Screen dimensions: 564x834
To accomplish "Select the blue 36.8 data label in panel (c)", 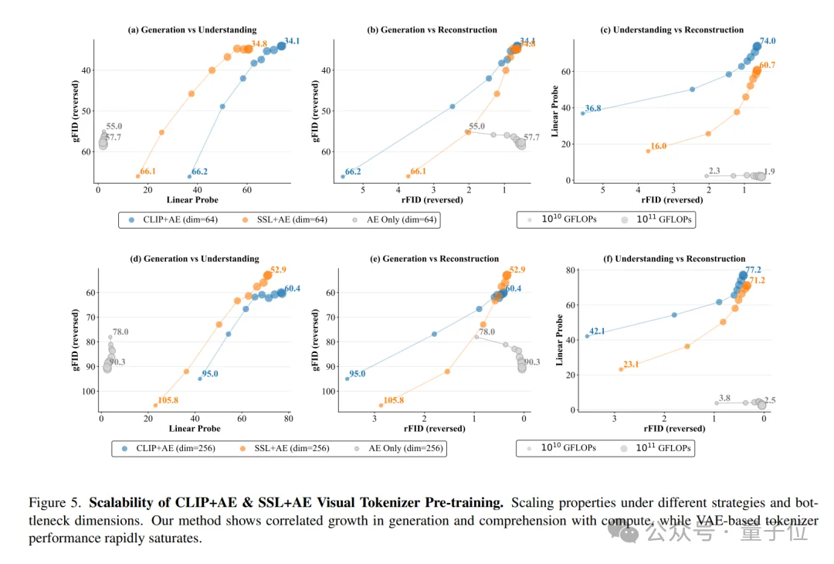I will [x=593, y=108].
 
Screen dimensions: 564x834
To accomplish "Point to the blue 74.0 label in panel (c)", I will [x=768, y=41].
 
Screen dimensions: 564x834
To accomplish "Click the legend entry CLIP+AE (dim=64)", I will [x=172, y=219].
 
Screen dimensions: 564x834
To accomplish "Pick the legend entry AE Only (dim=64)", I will [x=395, y=219].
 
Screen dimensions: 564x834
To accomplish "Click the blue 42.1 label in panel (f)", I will [x=597, y=331].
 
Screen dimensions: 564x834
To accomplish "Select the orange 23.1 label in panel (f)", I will [x=630, y=365].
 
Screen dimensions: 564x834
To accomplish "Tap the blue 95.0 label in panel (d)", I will [x=210, y=374].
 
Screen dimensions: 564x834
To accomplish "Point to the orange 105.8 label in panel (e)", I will [x=393, y=400].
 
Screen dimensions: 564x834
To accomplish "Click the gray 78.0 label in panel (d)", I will [x=120, y=332].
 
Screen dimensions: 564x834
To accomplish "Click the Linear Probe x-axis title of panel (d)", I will [x=194, y=429].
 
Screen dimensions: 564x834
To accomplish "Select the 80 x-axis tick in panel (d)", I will [x=288, y=419].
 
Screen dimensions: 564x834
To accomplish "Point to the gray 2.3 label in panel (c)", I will [x=714, y=171].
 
